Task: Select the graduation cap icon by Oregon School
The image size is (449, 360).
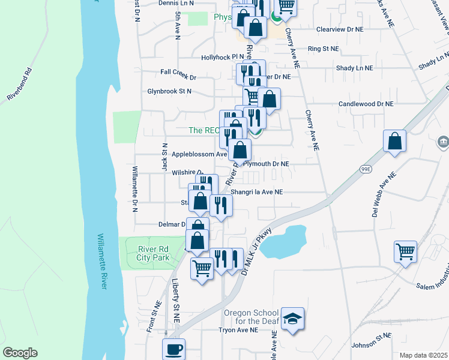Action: [292, 319]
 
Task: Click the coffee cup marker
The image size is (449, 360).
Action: [174, 349]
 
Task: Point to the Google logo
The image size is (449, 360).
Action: [20, 353]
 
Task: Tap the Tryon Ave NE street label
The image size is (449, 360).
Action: [238, 330]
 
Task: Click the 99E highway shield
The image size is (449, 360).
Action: [366, 169]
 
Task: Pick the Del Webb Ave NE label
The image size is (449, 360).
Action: [384, 195]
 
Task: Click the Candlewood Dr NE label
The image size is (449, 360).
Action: [366, 104]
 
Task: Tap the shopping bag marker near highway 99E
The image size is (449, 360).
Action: [395, 142]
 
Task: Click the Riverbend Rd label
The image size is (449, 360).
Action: [19, 88]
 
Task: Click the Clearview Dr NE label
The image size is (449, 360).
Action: [340, 29]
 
